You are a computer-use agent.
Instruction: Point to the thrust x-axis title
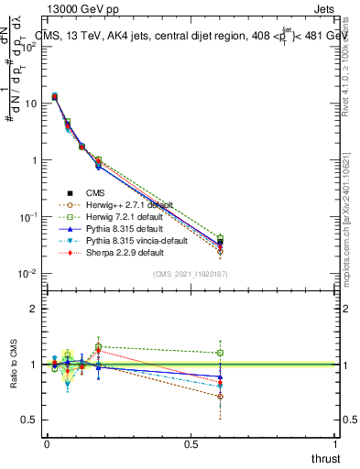[x=324, y=458]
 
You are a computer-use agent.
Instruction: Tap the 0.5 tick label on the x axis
[x=191, y=443]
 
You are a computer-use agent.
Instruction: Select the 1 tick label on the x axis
[x=334, y=443]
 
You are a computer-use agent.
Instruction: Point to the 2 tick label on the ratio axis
[x=32, y=309]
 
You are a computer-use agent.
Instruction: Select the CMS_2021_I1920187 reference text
[x=191, y=273]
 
